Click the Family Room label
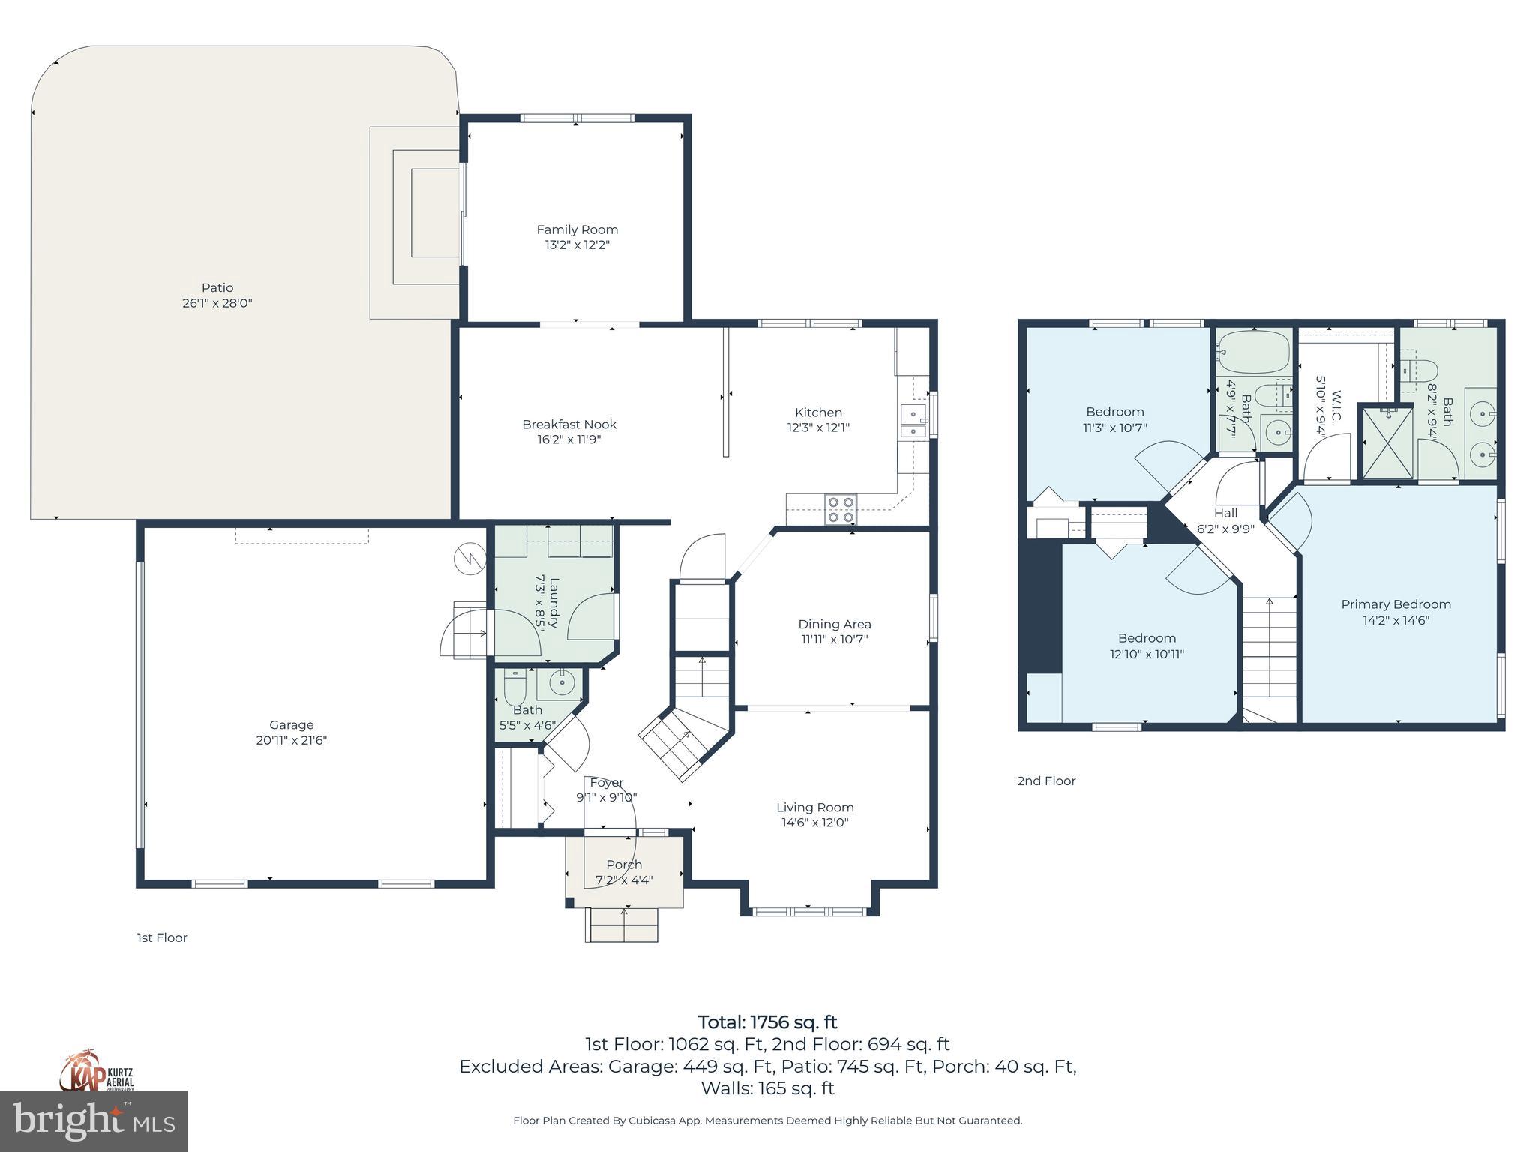point(577,229)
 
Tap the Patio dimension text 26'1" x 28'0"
point(217,303)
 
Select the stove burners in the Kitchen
point(841,509)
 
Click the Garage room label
point(291,724)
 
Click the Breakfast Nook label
point(569,424)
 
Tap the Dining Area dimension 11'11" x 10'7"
point(834,640)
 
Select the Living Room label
point(814,807)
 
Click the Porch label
point(623,865)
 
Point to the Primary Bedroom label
point(1396,604)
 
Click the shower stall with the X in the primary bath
point(1387,442)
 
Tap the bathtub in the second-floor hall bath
point(1253,352)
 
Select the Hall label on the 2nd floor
point(1225,513)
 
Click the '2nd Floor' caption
point(1046,781)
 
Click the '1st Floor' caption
point(162,937)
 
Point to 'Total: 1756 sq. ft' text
point(767,1022)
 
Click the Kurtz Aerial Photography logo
point(97,1069)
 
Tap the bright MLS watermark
point(94,1120)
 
